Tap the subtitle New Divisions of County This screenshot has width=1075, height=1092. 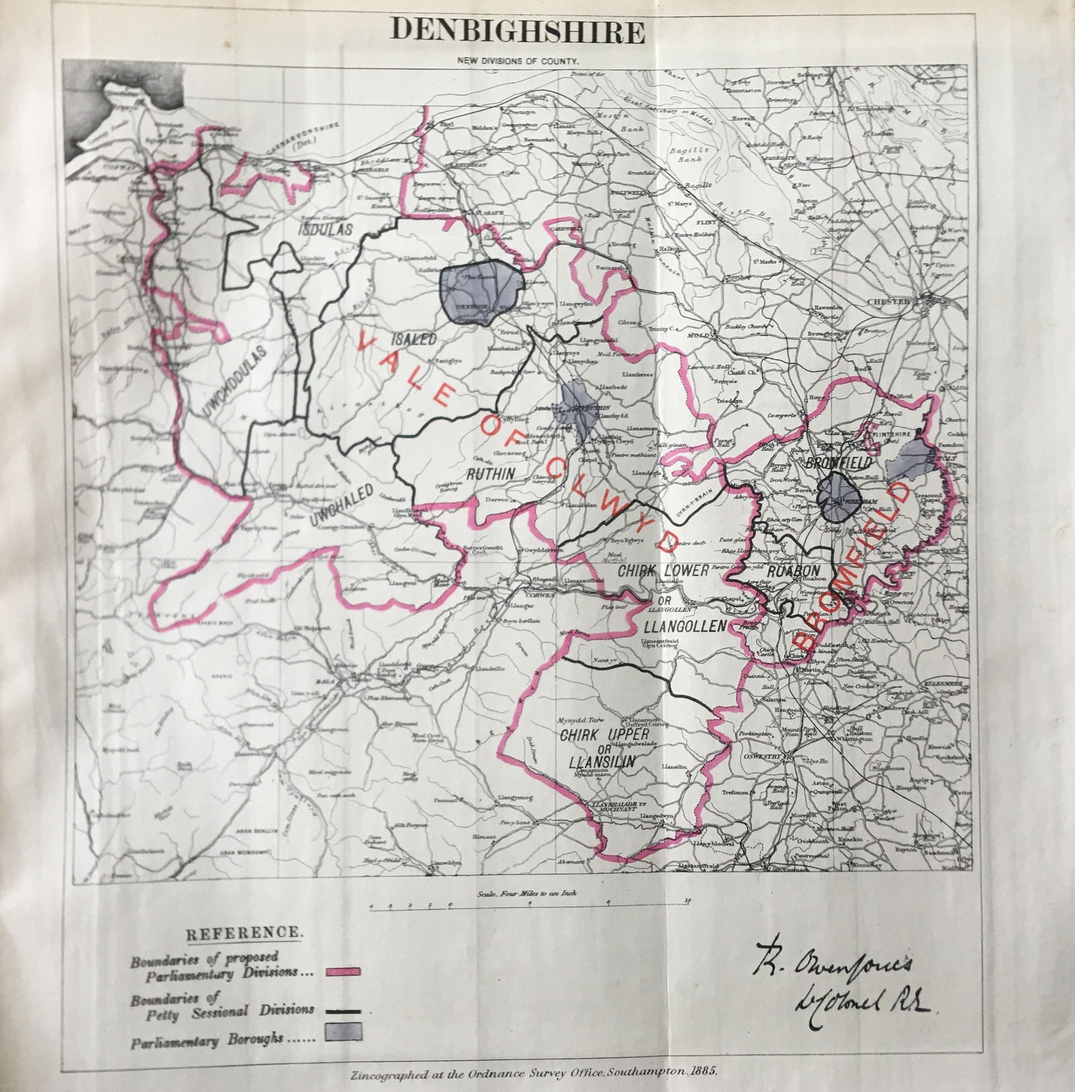coord(518,61)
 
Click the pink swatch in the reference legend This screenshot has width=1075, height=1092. coord(343,971)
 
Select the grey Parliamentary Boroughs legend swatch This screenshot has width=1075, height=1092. coord(343,1031)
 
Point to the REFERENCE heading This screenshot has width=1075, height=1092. coord(244,934)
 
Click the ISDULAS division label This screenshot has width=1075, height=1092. coord(325,229)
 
